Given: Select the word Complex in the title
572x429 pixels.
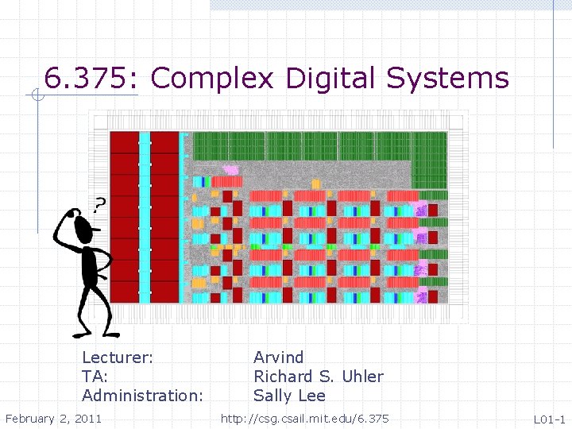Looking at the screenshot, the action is (211, 79).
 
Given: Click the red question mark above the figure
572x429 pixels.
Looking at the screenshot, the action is (99, 206).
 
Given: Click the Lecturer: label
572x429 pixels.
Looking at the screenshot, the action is (118, 357).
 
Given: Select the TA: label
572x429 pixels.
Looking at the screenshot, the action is (95, 377).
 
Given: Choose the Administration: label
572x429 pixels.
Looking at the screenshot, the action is (142, 396).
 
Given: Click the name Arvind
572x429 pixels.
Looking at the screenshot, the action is (278, 357).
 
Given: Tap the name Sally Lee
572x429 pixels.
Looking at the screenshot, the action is (289, 396).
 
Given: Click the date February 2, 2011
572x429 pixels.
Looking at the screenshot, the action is (53, 418).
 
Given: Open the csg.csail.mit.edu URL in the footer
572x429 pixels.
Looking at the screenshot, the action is (304, 418).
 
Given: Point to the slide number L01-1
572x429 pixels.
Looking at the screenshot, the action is (549, 419).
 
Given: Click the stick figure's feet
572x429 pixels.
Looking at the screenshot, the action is (97, 333).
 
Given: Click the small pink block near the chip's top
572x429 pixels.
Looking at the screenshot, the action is (230, 170).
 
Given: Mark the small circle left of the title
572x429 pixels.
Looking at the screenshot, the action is (37, 96).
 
